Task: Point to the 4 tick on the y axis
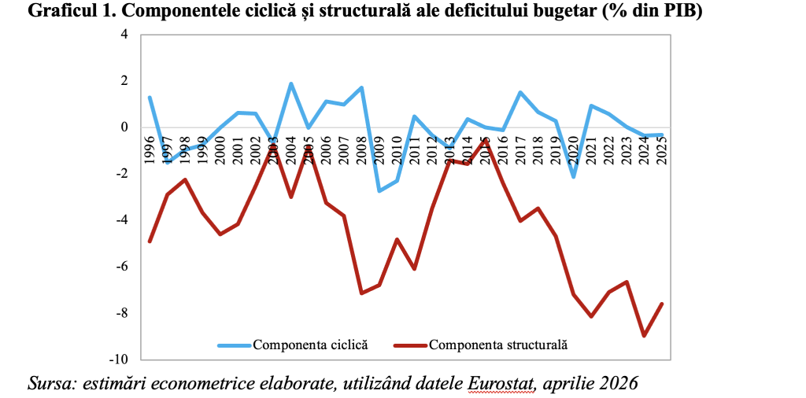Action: click(123, 35)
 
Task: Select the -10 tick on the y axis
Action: click(119, 359)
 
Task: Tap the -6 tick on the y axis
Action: click(121, 267)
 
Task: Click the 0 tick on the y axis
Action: click(124, 127)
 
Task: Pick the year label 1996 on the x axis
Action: click(150, 148)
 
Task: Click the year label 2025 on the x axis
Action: click(662, 148)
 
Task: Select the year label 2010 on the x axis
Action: click(397, 148)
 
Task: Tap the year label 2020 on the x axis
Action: click(574, 148)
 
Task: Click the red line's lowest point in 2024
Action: click(645, 336)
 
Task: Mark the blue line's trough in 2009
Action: click(379, 191)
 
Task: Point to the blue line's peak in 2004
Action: click(291, 83)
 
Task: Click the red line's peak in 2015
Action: click(486, 139)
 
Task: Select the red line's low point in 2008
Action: click(361, 293)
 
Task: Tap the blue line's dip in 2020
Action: click(574, 177)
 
